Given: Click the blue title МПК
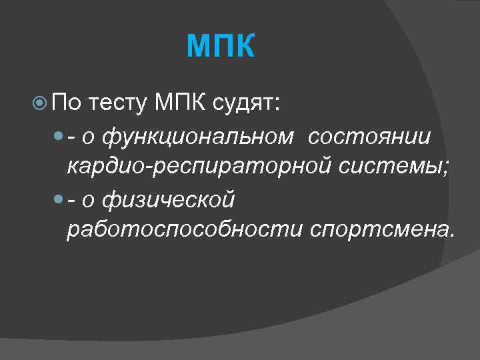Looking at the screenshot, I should point(221,47).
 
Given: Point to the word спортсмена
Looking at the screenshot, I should point(382,230).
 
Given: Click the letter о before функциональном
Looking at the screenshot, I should point(89,137).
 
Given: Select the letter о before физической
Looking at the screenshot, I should point(89,200).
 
